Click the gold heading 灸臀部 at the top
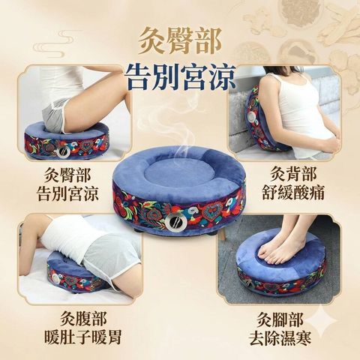tap(180, 40)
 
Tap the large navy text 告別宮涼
tap(180, 76)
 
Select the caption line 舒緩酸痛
tap(293, 193)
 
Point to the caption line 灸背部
tap(293, 174)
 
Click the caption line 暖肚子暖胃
tap(83, 337)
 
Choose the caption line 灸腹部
tap(83, 318)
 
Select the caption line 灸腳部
tap(280, 319)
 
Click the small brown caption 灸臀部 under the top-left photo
tap(67, 175)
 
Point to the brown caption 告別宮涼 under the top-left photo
tap(67, 193)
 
